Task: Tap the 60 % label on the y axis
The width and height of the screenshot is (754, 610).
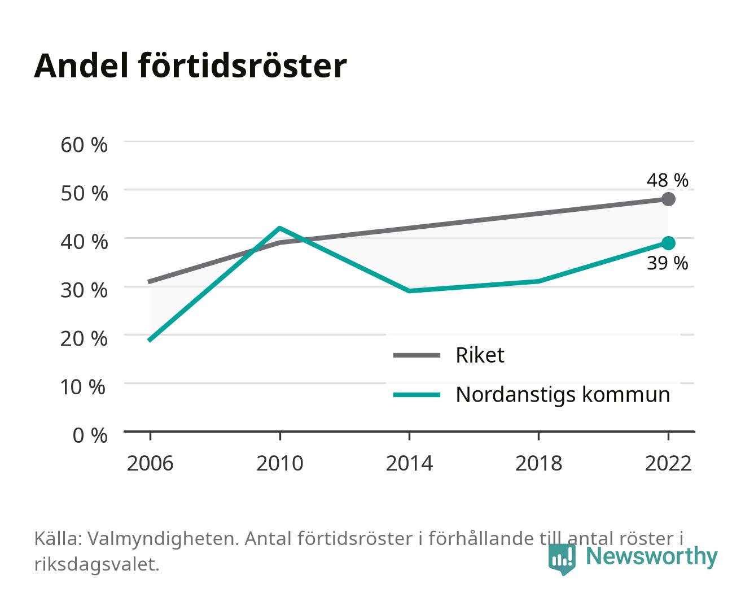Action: [84, 145]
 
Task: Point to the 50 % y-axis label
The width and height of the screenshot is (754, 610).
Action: [84, 193]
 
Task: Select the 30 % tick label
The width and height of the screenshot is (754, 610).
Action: [84, 290]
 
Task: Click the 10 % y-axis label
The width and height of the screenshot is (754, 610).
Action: [82, 387]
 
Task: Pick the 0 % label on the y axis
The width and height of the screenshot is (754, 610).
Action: [90, 435]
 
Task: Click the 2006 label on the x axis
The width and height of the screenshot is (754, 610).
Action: [150, 463]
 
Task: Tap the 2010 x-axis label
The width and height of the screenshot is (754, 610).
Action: [280, 463]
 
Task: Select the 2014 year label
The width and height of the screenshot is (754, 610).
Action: [409, 463]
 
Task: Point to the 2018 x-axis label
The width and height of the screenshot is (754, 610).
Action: [538, 463]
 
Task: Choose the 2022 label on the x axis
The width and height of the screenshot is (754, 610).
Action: [668, 463]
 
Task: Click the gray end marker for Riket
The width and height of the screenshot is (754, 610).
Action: [668, 199]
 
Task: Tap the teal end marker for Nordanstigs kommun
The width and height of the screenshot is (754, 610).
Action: [668, 243]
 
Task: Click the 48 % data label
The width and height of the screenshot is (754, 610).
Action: [667, 180]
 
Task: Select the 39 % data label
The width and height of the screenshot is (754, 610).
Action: [667, 263]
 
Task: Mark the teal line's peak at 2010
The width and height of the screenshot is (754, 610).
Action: [280, 228]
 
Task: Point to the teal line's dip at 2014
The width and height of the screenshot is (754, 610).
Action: [409, 291]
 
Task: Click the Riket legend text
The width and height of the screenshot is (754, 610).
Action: [480, 355]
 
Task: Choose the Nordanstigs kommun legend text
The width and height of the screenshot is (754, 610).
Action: [563, 395]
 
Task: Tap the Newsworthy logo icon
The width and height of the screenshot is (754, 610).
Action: [562, 559]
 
